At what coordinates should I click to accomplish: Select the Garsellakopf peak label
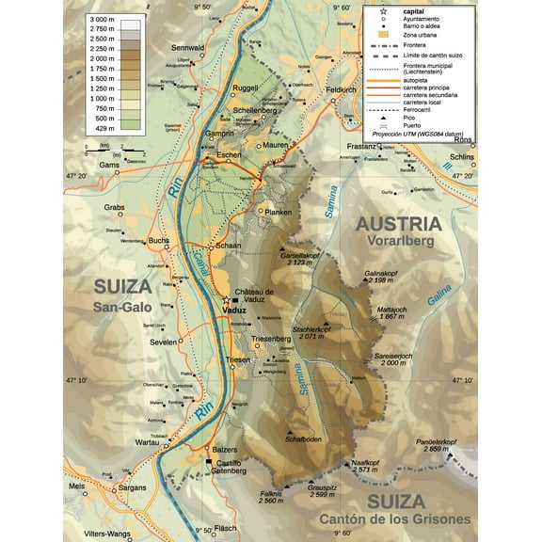(x=301, y=255)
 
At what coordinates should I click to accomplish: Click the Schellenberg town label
(x=253, y=110)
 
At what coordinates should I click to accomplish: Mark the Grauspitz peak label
(x=323, y=486)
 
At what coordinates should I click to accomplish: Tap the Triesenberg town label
(x=276, y=339)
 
